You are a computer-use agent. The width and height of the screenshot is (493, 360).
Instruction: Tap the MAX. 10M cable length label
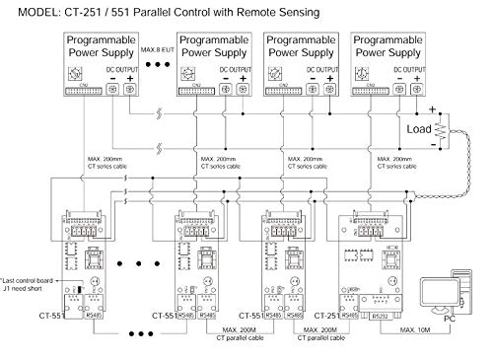point(412,330)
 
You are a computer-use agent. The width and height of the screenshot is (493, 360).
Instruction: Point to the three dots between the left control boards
point(127,266)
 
